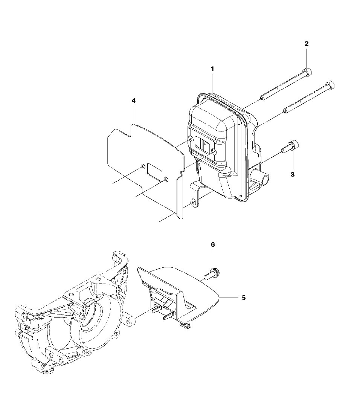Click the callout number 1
click(212, 69)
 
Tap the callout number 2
click(307, 44)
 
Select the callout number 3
click(293, 174)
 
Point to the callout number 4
click(133, 101)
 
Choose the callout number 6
click(213, 245)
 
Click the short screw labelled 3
click(290, 147)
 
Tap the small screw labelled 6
click(212, 274)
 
